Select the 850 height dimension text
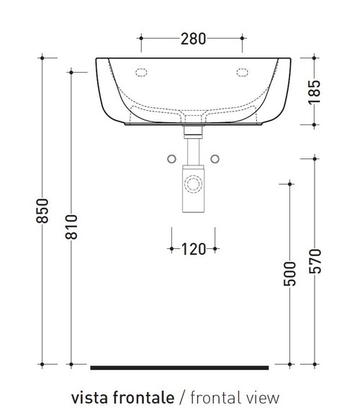click(x=42, y=209)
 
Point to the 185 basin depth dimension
click(x=315, y=91)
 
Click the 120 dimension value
click(x=193, y=249)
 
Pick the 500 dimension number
click(x=290, y=274)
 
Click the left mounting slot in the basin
click(x=142, y=72)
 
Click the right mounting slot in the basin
click(x=241, y=72)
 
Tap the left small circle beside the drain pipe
click(x=171, y=158)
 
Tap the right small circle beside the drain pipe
click(x=215, y=158)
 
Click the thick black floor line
click(x=179, y=367)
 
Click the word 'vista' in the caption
click(x=87, y=396)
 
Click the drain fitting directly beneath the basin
click(x=192, y=132)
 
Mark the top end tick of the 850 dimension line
click(x=43, y=57)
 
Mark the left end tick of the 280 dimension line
click(x=141, y=38)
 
